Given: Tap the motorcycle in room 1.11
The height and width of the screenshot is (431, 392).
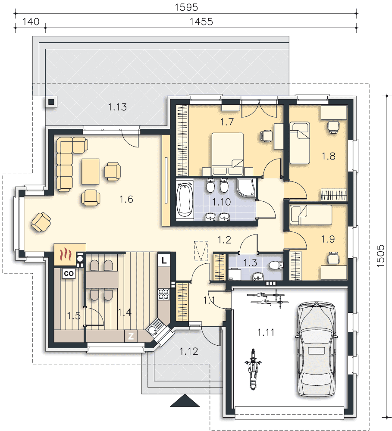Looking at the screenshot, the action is (x=253, y=369).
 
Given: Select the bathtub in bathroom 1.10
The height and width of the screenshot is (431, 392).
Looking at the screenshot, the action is (x=185, y=200).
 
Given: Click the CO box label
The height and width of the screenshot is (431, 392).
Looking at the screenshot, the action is (x=69, y=274).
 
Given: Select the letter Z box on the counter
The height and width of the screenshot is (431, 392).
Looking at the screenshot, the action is (x=131, y=336).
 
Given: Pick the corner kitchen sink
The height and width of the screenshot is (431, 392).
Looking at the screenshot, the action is (x=154, y=329).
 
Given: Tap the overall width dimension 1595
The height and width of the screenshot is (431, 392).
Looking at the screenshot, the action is (x=186, y=7).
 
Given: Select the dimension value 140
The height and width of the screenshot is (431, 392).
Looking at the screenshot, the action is (x=31, y=22).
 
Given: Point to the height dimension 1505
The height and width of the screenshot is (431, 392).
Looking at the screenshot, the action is (x=380, y=256).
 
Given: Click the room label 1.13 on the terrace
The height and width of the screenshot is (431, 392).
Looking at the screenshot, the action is (x=117, y=107).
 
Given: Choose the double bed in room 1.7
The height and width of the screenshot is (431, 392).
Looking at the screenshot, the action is (x=228, y=154).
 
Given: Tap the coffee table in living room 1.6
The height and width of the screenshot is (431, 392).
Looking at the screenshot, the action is (x=90, y=172).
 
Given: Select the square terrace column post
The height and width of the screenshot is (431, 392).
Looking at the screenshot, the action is (x=51, y=102).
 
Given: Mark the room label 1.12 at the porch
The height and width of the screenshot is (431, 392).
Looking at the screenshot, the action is (x=189, y=351).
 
